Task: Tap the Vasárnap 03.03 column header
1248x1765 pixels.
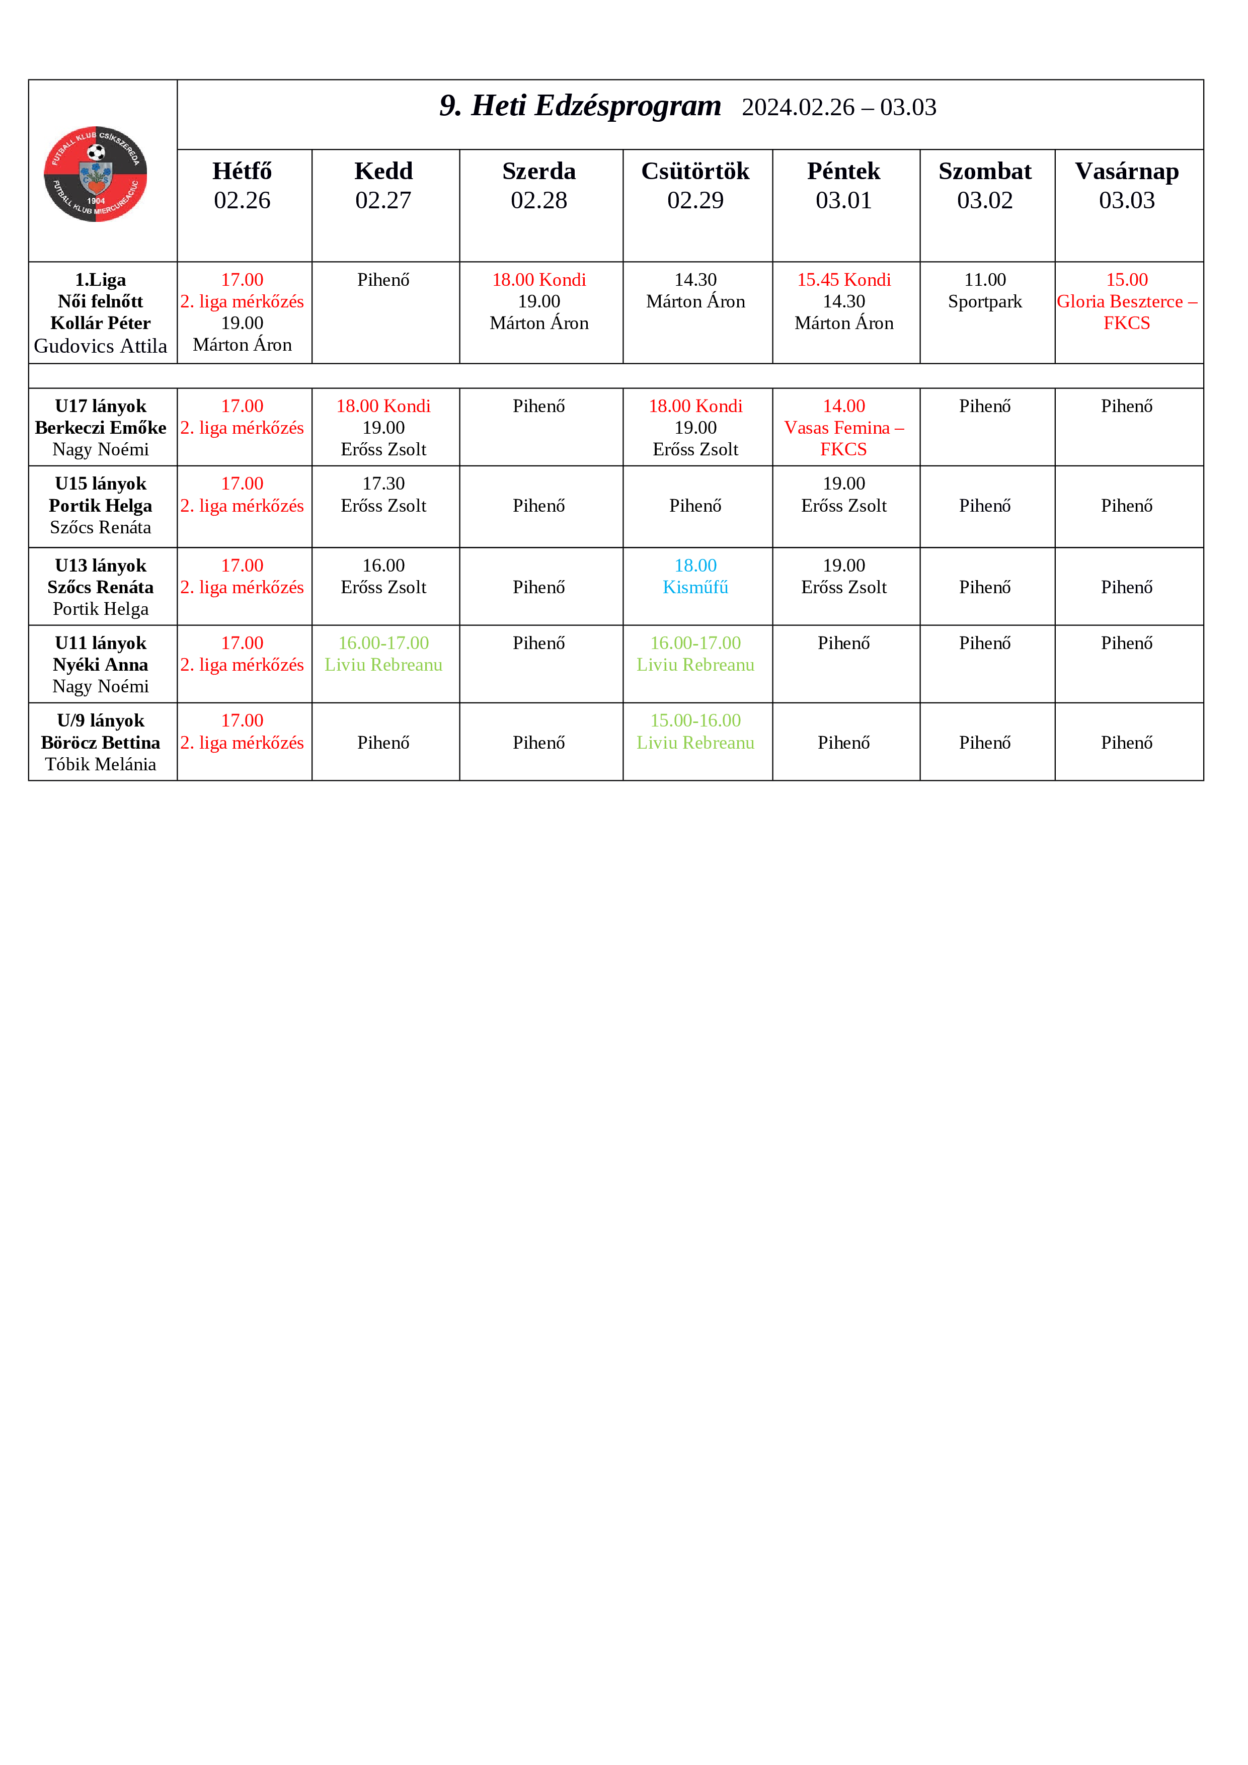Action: (x=1127, y=185)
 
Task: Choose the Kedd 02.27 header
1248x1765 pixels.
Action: (x=383, y=185)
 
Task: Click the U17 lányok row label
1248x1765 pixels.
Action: (x=100, y=407)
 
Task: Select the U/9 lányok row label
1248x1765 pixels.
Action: (x=100, y=721)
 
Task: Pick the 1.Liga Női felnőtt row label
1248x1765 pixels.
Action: (x=100, y=291)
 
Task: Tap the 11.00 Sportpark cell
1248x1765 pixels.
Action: (x=984, y=291)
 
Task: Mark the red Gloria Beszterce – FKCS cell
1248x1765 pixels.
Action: (x=1127, y=302)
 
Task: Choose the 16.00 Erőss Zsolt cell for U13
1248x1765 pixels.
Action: (x=383, y=577)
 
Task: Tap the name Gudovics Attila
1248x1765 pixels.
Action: (x=100, y=347)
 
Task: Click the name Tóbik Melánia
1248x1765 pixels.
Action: (x=100, y=765)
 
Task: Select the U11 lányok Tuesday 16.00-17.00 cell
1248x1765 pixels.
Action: (x=383, y=654)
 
